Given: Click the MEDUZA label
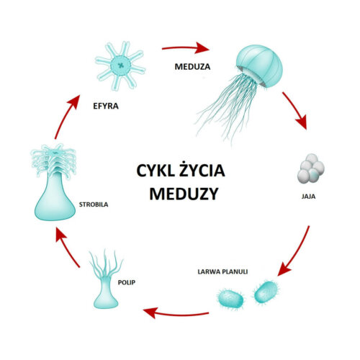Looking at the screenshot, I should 192,67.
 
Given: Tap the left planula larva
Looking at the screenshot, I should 230,300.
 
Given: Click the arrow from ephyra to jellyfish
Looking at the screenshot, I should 186,48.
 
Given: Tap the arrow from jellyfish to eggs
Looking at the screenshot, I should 297,111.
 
